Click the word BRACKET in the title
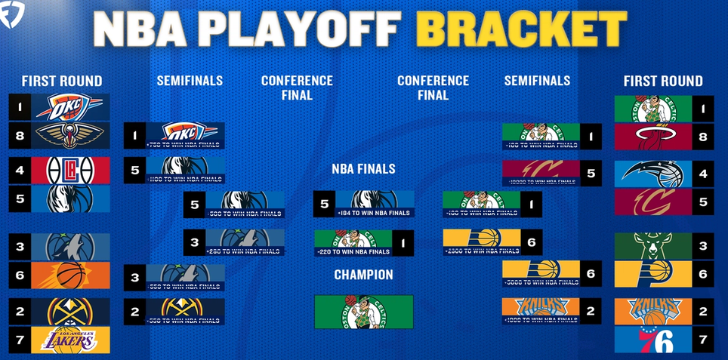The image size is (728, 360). (x=521, y=29)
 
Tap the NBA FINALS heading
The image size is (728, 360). (x=363, y=169)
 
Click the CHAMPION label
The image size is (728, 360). (x=363, y=275)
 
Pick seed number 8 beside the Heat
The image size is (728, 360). (x=704, y=137)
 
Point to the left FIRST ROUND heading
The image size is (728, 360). (x=61, y=81)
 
